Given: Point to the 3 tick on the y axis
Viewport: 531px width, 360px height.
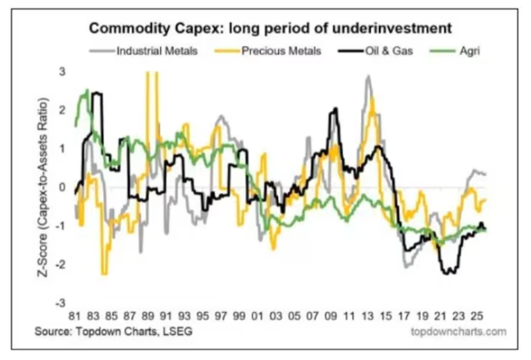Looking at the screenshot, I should click(63, 72).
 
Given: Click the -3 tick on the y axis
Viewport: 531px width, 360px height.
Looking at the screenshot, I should click(62, 304).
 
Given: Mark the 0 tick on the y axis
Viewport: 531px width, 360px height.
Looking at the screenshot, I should click(63, 187).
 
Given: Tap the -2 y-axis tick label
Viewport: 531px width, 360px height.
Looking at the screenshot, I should click(62, 266).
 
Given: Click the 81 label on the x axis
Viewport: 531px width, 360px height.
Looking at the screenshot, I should click(76, 315).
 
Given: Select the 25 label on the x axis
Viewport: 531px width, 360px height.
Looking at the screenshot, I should click(479, 315).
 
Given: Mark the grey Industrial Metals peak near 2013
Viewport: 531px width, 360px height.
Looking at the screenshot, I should click(367, 76).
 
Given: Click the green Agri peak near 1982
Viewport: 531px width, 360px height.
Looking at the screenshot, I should click(86, 90).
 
